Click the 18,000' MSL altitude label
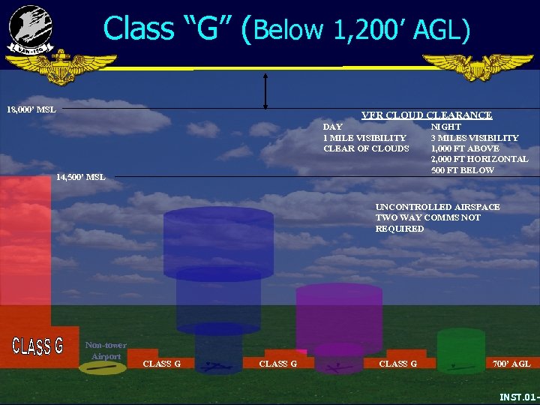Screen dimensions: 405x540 tap(31, 110)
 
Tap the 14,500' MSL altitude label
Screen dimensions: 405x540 tap(80, 177)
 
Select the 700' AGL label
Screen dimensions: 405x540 tap(511, 364)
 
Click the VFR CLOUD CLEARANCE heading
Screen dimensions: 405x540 tap(426, 115)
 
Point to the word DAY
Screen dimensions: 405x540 tap(333, 127)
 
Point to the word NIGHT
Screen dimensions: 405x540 tap(445, 127)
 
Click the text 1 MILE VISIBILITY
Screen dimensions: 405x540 tap(364, 138)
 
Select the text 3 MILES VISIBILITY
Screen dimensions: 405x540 tap(474, 138)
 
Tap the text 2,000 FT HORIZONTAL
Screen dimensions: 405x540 tap(479, 159)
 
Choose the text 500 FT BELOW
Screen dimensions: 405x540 tap(462, 170)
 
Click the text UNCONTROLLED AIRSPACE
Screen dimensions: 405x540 tap(437, 206)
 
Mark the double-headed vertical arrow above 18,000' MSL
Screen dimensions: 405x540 tap(265, 91)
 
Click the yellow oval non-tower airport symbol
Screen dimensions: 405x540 tap(103, 367)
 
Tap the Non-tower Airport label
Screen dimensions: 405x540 tap(106, 350)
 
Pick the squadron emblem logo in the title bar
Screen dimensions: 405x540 tap(31, 28)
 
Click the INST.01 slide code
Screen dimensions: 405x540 tap(518, 396)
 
